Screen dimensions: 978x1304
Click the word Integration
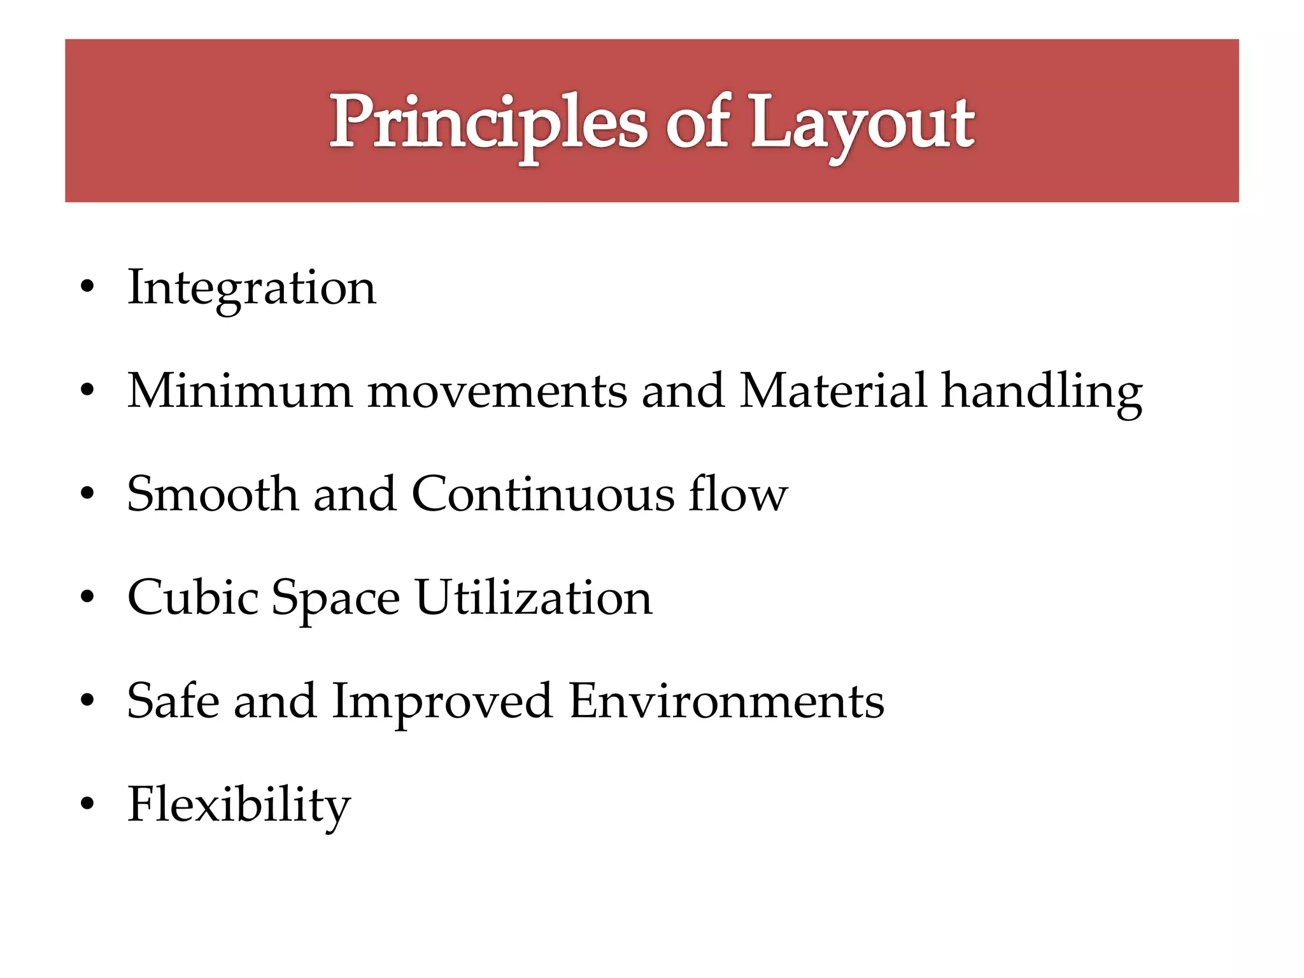tap(252, 288)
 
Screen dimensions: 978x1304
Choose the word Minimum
tap(240, 390)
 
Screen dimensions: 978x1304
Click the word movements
tap(497, 392)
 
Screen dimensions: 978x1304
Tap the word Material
tap(833, 390)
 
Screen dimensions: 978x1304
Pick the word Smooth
tap(213, 494)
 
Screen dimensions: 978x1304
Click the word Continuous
tap(542, 494)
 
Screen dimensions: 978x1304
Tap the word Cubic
tap(193, 597)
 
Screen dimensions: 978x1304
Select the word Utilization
tap(534, 597)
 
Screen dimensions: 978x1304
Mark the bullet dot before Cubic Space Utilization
tap(88, 597)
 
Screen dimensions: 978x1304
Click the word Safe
tap(172, 700)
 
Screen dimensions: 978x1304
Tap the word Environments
tap(726, 701)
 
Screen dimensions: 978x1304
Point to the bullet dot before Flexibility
tap(88, 804)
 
